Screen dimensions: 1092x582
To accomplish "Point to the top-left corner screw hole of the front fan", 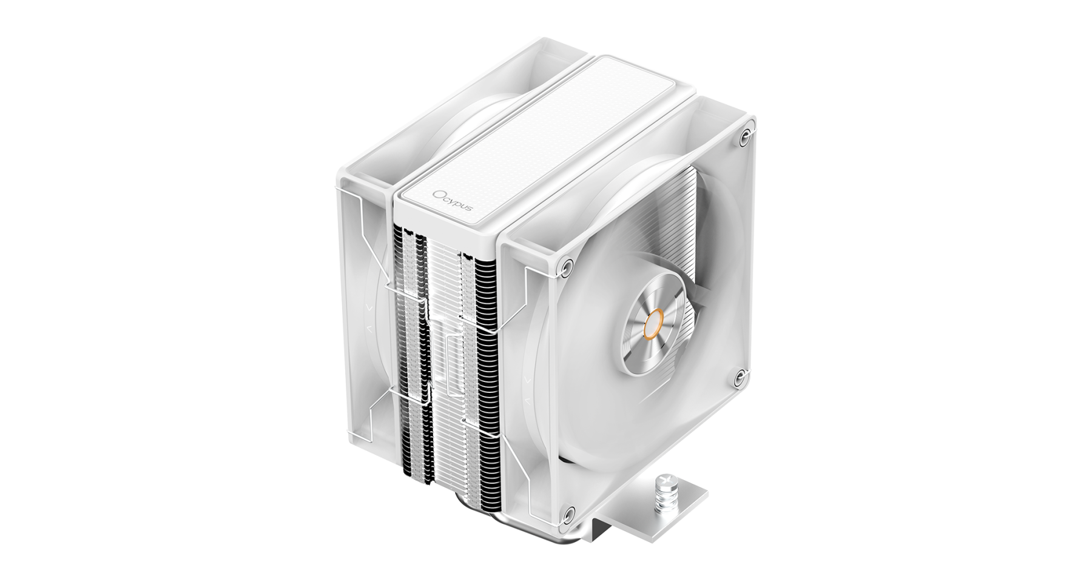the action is click(x=567, y=266).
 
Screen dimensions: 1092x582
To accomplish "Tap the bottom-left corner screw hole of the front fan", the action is click(x=567, y=515).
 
